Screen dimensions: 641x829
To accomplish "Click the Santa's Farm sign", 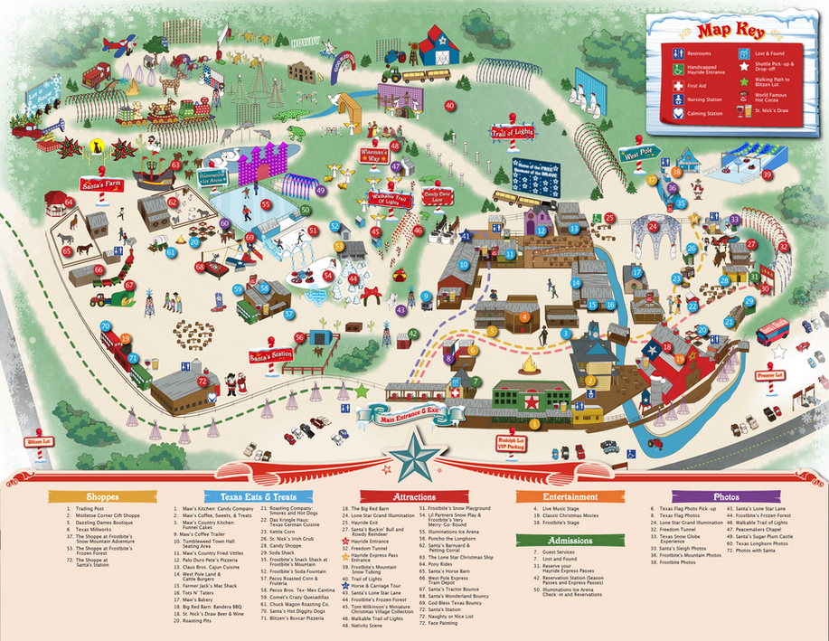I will (101, 184).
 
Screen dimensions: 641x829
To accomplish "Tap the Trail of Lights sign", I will (512, 133).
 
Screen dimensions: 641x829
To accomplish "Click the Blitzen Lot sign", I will (37, 442).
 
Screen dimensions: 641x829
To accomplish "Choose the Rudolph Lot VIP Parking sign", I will (511, 443).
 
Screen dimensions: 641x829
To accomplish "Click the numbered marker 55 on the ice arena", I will (267, 204).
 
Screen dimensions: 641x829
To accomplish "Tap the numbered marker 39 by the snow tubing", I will (768, 174).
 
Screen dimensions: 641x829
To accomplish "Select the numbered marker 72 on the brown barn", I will (203, 381).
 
